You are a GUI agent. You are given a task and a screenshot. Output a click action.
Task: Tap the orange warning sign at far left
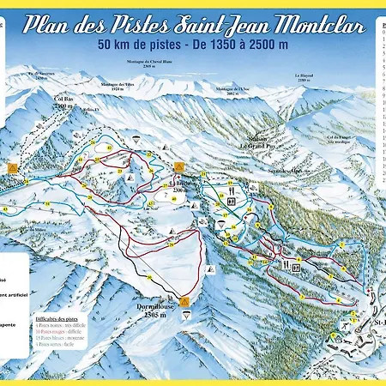coord(13,168)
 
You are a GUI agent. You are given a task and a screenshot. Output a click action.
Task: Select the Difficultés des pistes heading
coord(60,317)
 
